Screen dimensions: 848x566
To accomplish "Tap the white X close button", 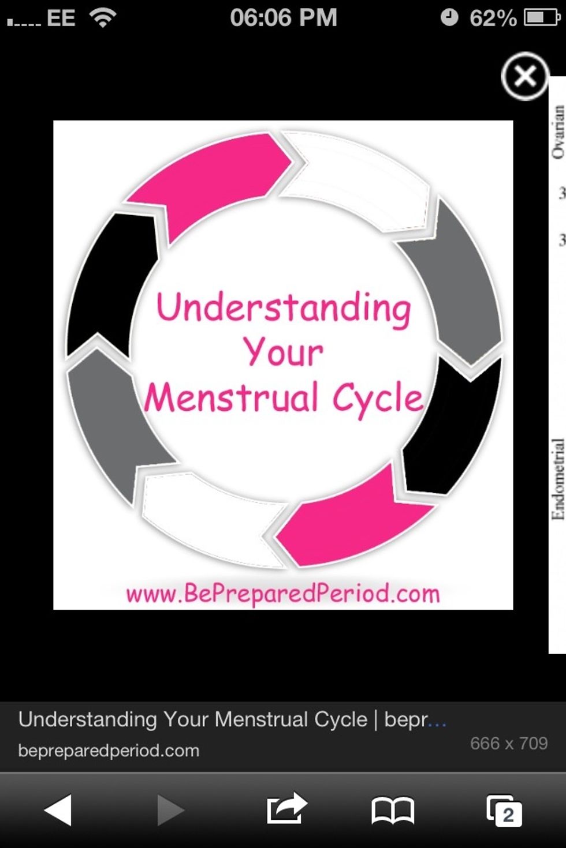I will click(x=524, y=76).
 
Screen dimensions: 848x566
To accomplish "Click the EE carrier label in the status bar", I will click(x=61, y=18).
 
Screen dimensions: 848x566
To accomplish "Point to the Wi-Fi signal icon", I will click(x=103, y=18).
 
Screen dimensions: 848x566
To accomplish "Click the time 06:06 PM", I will click(x=283, y=18).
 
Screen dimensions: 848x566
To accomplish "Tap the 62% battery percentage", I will click(x=493, y=18).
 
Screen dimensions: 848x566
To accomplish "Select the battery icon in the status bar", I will click(x=542, y=18).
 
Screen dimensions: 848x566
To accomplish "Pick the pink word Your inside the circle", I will click(x=283, y=352).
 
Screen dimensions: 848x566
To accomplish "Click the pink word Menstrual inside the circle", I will click(x=231, y=398).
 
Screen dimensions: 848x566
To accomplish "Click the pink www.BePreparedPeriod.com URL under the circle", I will click(x=283, y=594).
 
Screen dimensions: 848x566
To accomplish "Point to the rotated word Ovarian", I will click(x=558, y=132).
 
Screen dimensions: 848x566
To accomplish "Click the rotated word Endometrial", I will click(x=558, y=479).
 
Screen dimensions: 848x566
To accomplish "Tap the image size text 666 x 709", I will click(x=509, y=743).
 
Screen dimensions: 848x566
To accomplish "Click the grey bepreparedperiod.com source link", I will click(x=109, y=751).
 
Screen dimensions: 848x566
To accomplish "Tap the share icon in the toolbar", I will click(x=286, y=809).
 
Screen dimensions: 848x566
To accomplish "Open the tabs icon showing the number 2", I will click(x=504, y=811).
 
